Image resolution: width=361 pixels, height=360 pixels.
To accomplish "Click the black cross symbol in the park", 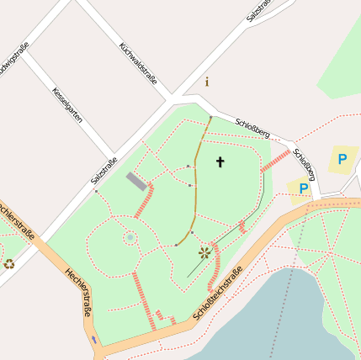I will tap(220, 161).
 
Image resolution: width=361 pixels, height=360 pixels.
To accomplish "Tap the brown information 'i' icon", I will tap(207, 82).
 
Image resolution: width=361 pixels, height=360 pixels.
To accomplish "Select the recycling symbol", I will tap(9, 263).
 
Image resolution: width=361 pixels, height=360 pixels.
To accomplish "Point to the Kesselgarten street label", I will tap(67, 106).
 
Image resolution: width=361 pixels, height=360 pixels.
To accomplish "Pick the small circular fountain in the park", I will tap(130, 238).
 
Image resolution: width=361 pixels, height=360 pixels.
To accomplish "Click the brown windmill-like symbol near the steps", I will tap(204, 251).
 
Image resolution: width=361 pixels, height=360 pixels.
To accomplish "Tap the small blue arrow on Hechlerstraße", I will tap(93, 339).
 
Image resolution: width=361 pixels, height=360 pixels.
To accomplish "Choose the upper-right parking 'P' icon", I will tap(342, 158).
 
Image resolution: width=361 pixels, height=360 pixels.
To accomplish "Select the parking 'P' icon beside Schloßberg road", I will tap(303, 189).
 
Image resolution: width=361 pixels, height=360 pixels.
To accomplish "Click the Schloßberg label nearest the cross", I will tap(252, 127).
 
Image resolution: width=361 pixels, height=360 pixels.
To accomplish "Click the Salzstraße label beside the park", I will tap(104, 172).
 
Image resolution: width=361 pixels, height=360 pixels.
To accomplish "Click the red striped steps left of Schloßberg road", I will tap(275, 161).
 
